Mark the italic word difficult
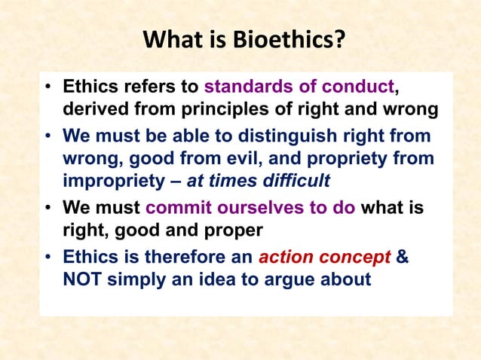tap(293, 181)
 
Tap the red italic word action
tap(286, 257)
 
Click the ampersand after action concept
tap(403, 257)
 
